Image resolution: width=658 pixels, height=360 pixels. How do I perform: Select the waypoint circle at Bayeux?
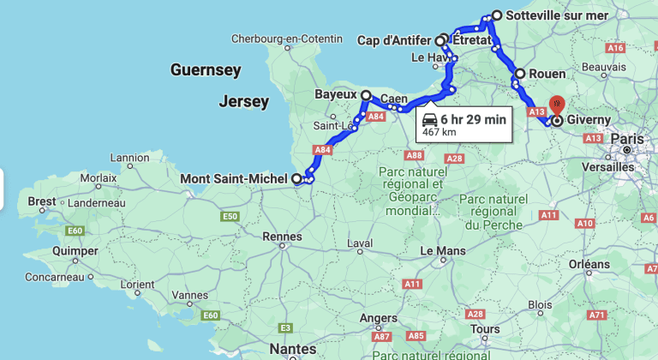pos(366,96)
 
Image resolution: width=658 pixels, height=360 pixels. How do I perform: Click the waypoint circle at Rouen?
pos(519,74)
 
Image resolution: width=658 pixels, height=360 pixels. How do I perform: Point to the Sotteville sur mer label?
pos(558,15)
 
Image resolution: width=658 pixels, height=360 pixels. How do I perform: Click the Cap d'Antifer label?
pos(394,40)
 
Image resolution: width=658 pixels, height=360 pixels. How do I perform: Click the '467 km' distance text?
pos(439,133)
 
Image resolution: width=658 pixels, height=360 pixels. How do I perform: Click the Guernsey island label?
pos(206,69)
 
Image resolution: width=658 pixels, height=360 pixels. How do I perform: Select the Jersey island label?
pos(243,102)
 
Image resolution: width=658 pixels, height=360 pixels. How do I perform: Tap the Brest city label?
pos(41,201)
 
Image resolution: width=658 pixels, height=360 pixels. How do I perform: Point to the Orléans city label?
pos(587,264)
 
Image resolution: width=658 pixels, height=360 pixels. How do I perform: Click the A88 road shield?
pos(415,155)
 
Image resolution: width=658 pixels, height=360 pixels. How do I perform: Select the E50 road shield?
pos(230,217)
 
